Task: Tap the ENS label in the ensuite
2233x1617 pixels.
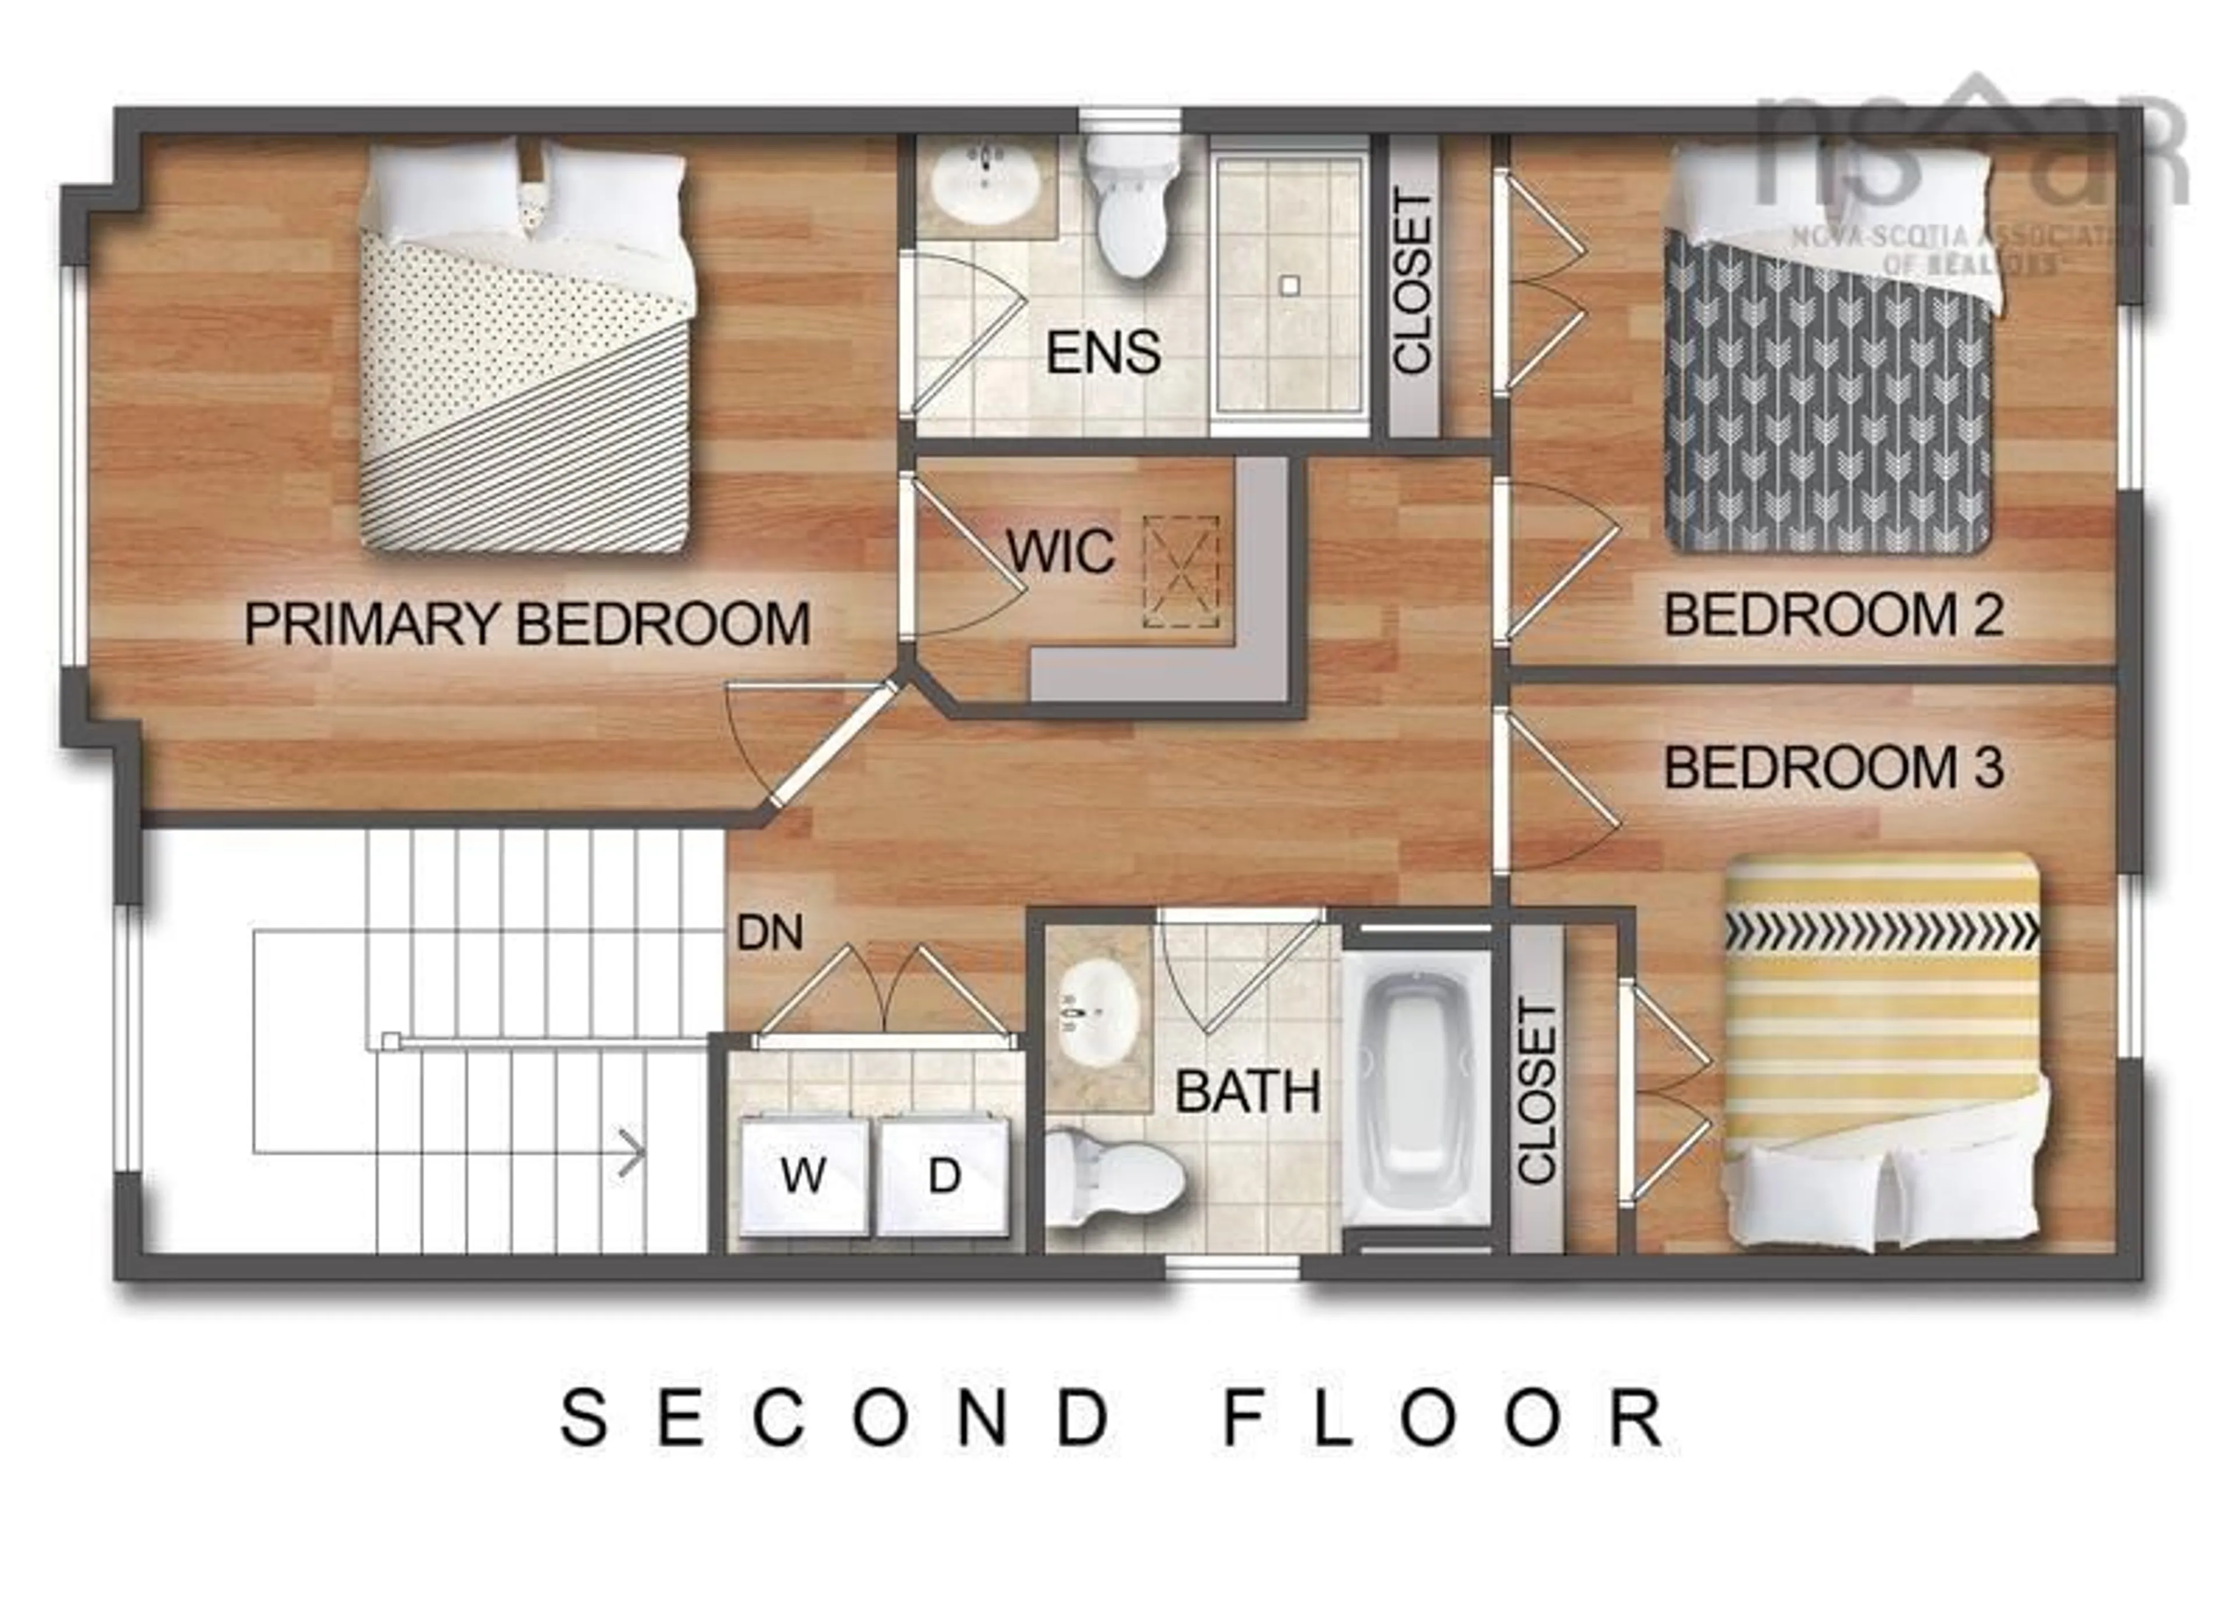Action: pyautogui.click(x=1103, y=352)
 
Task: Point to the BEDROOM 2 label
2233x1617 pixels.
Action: pyautogui.click(x=1834, y=615)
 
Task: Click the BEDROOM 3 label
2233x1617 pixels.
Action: pyautogui.click(x=1834, y=768)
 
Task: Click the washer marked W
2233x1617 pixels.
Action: pyautogui.click(x=804, y=1175)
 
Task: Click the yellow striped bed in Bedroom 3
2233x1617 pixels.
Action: pyautogui.click(x=1881, y=1044)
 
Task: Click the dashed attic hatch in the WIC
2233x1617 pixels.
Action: pyautogui.click(x=1180, y=572)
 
